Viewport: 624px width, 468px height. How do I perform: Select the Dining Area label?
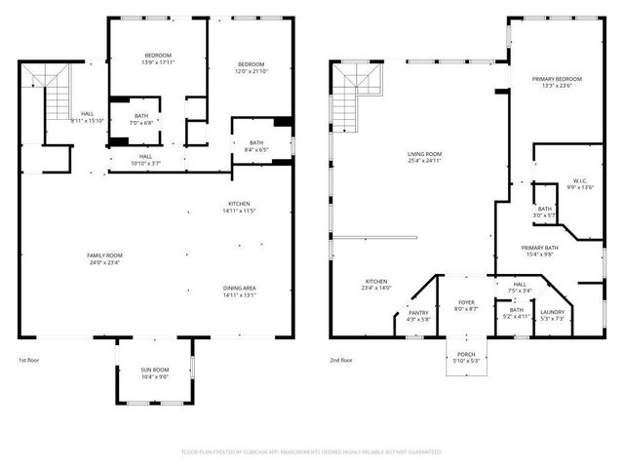click(239, 292)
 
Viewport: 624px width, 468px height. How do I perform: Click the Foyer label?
click(466, 305)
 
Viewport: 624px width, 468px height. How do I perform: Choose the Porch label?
click(466, 358)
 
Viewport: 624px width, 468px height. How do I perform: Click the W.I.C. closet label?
click(577, 181)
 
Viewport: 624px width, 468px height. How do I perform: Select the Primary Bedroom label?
click(557, 81)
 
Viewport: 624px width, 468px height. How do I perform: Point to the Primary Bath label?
click(538, 251)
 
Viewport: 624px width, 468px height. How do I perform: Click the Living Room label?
click(425, 157)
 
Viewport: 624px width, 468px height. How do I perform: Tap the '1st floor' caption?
click(28, 360)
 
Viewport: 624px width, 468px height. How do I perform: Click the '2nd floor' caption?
click(341, 360)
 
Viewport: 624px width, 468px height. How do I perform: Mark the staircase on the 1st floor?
click(54, 97)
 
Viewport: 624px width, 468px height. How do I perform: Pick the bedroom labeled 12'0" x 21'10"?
click(252, 67)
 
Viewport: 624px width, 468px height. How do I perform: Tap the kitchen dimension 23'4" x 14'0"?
click(377, 288)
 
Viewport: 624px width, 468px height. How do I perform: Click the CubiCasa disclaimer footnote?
click(312, 452)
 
